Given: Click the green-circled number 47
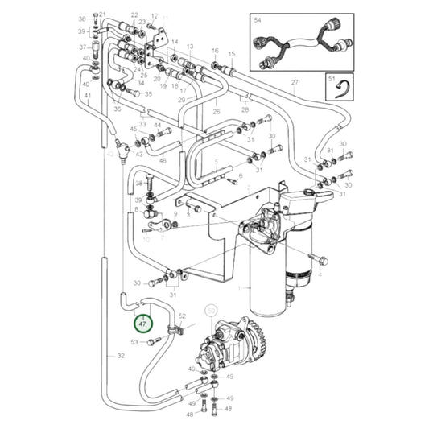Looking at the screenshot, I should tap(142, 325).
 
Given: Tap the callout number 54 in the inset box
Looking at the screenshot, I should tap(258, 17).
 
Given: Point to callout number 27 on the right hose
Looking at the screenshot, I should tap(295, 84).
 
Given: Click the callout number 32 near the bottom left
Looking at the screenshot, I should tap(121, 355).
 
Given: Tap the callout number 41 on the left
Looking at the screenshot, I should tap(87, 97).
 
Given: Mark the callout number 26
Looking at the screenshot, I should tap(217, 112).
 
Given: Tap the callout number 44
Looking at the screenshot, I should tap(158, 126).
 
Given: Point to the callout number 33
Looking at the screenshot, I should tap(142, 124).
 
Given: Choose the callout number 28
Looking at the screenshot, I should tap(245, 109).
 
